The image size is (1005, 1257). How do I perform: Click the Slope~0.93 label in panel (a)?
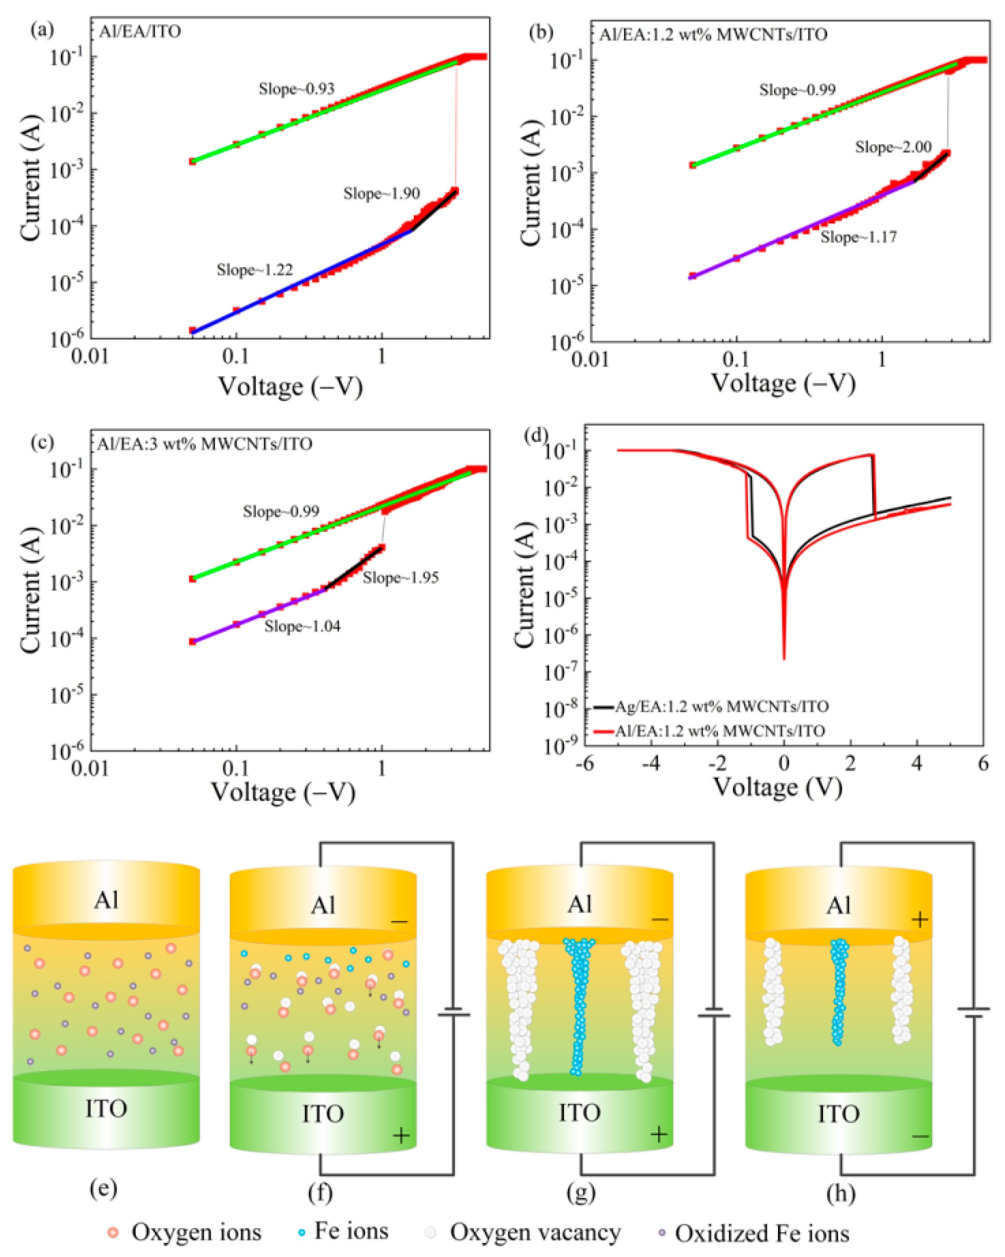coord(296,89)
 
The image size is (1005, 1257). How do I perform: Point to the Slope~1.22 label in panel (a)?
coord(254,270)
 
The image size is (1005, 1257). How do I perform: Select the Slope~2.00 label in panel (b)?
coord(893,147)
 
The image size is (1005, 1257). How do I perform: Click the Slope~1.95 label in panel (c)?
coord(400,578)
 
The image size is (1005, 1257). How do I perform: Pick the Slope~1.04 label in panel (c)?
coord(302,626)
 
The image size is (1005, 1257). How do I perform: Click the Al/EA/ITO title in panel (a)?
coord(140,31)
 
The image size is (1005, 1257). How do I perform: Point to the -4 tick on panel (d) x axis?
coord(651,763)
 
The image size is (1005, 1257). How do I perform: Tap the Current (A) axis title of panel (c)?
coord(31,590)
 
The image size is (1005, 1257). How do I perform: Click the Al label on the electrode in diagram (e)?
coord(106,901)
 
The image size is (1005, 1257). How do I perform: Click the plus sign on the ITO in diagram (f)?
coord(401,1135)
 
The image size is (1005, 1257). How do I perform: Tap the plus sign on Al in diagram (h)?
coord(919,920)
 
